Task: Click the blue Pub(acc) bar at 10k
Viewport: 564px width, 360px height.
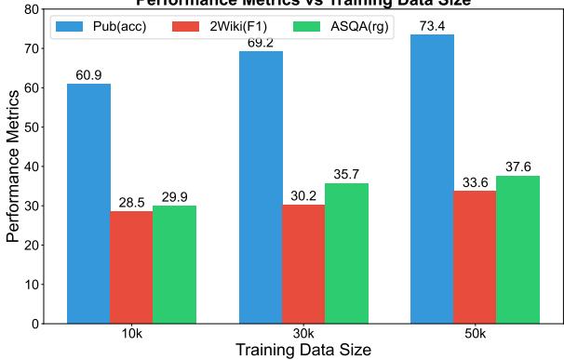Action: point(88,204)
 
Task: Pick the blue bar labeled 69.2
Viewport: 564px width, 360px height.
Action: point(261,187)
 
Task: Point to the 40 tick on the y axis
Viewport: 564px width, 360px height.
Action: point(32,167)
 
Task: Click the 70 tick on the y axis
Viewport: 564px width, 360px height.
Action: point(32,48)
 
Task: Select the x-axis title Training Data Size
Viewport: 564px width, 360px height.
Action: point(303,351)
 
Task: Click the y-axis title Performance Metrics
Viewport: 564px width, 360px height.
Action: point(13,167)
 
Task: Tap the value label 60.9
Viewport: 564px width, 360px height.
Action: point(88,75)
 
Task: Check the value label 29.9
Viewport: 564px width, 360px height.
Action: point(174,197)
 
